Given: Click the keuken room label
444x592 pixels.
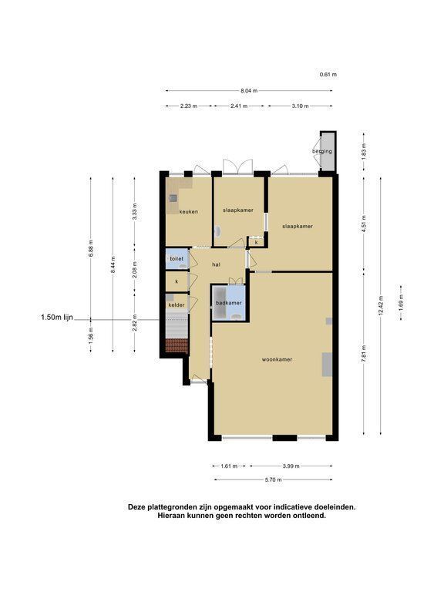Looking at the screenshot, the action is coord(188,212).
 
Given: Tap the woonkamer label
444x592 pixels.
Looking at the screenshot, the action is coord(277,359).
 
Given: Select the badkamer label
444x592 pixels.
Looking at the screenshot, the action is coord(229,303).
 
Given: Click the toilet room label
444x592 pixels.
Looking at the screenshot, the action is coord(177,259).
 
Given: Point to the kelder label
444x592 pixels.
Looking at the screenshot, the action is coord(177,305).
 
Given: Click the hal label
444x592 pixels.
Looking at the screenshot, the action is coord(216,264).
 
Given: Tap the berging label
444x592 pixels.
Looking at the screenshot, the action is coord(322,151).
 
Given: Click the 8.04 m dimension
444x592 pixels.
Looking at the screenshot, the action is coord(249,91).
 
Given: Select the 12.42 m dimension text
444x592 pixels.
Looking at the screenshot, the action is coord(381,306).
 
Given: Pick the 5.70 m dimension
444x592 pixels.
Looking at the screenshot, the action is coord(274,480).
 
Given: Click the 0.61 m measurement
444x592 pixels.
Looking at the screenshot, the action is coord(328,74).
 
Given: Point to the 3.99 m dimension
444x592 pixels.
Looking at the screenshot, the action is coord(291,466).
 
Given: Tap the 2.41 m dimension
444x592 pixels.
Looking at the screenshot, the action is coord(239,106).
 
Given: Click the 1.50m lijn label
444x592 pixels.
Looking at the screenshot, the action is coord(57,318).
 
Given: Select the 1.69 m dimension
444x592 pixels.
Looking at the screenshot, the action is coord(401,302).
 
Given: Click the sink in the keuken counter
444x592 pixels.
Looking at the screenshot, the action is coord(173,197).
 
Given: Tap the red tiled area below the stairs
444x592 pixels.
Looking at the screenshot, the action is coord(177,345).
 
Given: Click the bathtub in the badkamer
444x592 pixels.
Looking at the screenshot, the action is coord(219,303).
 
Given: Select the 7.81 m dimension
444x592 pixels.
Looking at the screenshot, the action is coord(364,354).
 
